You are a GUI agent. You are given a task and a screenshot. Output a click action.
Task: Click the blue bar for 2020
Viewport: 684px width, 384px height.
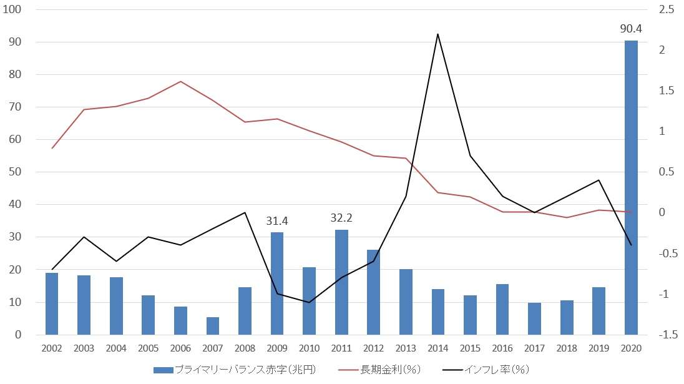631,187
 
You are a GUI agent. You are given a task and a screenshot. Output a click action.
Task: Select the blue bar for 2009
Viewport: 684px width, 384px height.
277,283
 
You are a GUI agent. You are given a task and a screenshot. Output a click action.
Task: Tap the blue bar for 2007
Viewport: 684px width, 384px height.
213,326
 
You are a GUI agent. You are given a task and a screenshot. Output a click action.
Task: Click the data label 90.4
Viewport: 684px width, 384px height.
631,29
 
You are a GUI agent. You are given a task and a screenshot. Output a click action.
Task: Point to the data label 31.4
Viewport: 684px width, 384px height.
277,220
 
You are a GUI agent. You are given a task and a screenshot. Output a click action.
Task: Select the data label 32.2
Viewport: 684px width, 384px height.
341,218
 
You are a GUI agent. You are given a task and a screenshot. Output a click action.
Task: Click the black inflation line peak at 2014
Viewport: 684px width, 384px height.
438,34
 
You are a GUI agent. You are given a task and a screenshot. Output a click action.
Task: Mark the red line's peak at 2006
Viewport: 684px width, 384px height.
180,81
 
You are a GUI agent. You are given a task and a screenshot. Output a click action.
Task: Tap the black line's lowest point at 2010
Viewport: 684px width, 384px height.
309,302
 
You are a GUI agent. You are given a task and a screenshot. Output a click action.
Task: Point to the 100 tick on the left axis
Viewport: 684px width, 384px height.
12,9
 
